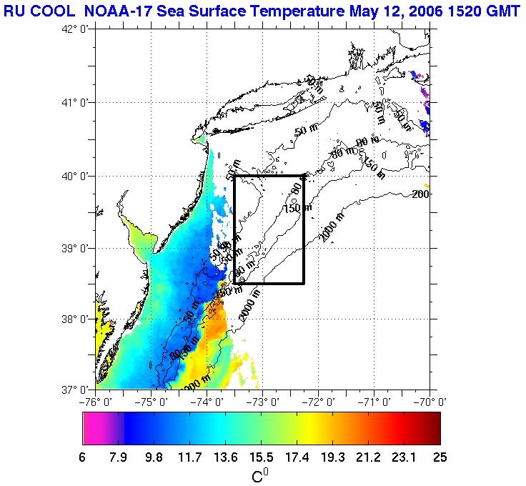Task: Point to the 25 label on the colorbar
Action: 440,457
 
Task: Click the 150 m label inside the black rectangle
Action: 297,208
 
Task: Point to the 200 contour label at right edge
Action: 420,194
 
